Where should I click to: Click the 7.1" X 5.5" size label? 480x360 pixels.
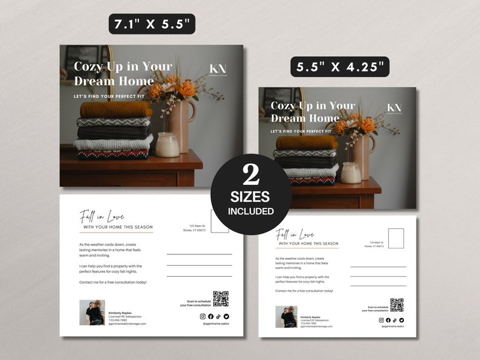click(x=152, y=24)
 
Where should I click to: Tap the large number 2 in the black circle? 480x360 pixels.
click(x=251, y=175)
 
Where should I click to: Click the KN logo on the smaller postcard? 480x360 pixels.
click(x=394, y=109)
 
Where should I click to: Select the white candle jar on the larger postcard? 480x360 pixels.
click(x=167, y=145)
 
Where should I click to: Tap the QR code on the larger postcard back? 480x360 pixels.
click(x=221, y=298)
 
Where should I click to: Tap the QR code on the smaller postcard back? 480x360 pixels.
click(x=397, y=304)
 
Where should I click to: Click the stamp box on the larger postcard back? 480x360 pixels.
click(x=220, y=220)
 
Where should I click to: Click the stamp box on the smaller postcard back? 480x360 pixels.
click(x=396, y=238)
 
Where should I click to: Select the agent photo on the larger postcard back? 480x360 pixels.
click(x=92, y=312)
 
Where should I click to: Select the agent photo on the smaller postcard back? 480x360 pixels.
click(x=286, y=317)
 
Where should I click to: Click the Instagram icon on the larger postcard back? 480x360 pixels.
click(x=203, y=316)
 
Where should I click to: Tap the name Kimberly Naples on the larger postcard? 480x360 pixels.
click(x=120, y=313)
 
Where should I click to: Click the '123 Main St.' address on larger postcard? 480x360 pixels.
click(x=195, y=226)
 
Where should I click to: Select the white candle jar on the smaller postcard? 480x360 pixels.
click(x=351, y=172)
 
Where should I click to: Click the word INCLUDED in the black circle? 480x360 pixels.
click(x=251, y=211)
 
